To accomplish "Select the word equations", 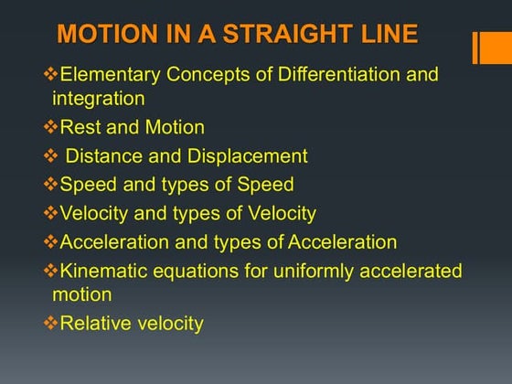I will coord(194,272).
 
